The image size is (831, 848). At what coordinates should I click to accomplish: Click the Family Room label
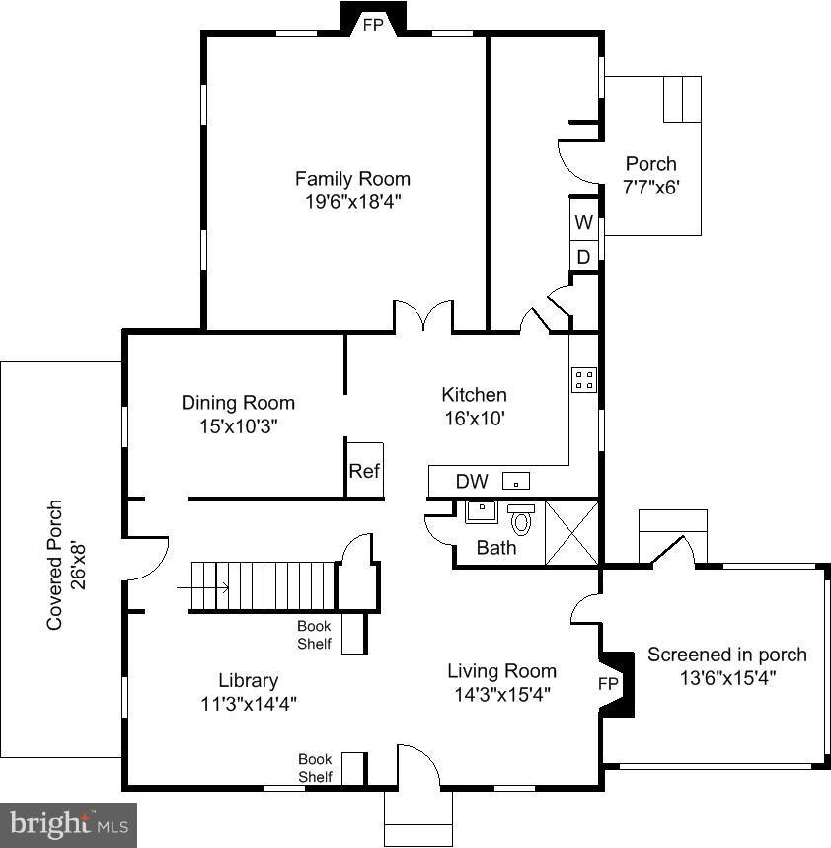tap(352, 179)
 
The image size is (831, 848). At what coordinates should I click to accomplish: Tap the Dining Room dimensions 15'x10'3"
tap(239, 426)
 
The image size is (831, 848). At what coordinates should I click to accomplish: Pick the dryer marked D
tap(584, 256)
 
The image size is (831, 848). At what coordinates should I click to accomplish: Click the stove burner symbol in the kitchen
tap(584, 379)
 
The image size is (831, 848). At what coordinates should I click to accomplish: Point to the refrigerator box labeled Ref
tap(365, 470)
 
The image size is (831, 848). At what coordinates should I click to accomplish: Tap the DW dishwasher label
tap(472, 482)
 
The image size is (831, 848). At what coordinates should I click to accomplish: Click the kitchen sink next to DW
tap(516, 481)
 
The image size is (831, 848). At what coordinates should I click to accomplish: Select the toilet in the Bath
tap(521, 519)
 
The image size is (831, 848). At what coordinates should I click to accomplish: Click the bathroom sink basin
tap(482, 512)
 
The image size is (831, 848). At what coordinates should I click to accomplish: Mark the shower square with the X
tap(571, 533)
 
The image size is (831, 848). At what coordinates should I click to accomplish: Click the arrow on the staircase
tap(202, 587)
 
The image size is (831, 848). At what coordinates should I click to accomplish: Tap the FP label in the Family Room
tap(373, 25)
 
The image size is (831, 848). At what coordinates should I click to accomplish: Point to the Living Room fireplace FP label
tap(608, 684)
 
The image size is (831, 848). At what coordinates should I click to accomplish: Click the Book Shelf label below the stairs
tap(314, 635)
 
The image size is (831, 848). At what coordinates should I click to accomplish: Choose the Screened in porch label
tap(727, 655)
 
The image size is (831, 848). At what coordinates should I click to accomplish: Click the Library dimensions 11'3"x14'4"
tap(249, 704)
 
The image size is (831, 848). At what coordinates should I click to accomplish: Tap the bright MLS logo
tap(69, 824)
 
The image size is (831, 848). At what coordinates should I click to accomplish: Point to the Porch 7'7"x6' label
tap(651, 175)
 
